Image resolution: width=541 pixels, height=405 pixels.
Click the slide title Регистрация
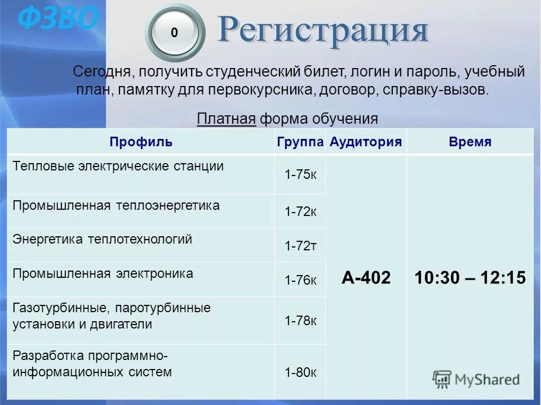pos(323,30)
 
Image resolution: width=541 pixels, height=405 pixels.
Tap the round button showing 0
pos(174,33)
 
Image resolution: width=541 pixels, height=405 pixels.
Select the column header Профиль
pos(141,142)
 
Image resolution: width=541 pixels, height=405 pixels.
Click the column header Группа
pos(300,142)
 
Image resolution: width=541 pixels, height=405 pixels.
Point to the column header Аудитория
pos(366,142)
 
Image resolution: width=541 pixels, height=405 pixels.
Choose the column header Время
pos(470,142)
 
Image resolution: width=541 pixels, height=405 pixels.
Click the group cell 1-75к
pos(300,174)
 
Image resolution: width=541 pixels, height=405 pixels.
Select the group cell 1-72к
pos(300,211)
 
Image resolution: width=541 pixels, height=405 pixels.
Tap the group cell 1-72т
pos(300,246)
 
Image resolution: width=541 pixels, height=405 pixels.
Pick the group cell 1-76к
pos(300,280)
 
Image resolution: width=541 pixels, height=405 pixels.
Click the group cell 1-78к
pos(300,321)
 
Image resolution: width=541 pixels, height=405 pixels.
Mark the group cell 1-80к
pos(300,372)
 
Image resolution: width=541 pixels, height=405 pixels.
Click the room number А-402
pos(366,278)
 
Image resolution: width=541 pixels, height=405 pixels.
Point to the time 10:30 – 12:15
pos(470,278)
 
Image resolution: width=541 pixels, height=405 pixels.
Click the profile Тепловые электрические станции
pos(118,166)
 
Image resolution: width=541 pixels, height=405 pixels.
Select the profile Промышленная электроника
pos(103,274)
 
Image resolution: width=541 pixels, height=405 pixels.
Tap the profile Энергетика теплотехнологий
pos(103,240)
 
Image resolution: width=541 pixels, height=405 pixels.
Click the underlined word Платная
pos(227,119)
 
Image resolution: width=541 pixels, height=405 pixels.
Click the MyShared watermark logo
pos(477,379)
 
